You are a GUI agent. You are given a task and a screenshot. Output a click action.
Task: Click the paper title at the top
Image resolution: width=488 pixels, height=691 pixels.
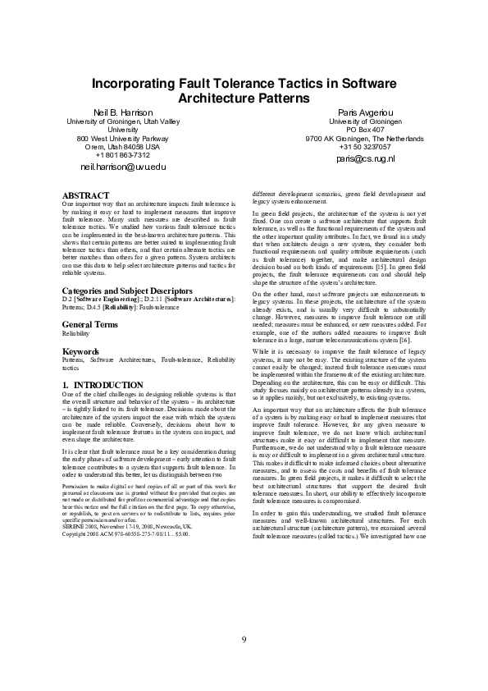(244, 90)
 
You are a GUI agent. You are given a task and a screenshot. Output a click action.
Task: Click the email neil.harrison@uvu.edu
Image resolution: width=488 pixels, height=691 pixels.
(123, 167)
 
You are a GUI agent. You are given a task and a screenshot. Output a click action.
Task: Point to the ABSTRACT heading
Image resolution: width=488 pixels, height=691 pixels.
(86, 194)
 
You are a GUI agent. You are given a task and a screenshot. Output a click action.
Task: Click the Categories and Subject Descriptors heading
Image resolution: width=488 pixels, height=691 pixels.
(127, 291)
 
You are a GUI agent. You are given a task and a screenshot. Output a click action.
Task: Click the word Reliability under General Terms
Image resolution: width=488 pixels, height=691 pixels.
(79, 335)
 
